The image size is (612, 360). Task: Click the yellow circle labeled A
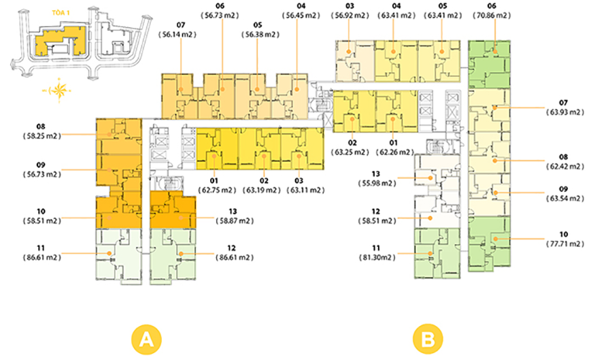(146, 339)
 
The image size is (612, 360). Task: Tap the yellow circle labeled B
(428, 339)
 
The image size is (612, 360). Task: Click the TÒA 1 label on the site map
(61, 13)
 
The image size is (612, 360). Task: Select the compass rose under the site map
(59, 91)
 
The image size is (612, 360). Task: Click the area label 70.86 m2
(492, 16)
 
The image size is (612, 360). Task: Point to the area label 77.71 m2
(565, 244)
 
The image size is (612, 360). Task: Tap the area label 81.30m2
(377, 258)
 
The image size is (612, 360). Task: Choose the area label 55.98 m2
(377, 184)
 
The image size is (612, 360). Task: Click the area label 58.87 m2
(235, 221)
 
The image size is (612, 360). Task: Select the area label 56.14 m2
(177, 35)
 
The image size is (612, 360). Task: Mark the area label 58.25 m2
(41, 136)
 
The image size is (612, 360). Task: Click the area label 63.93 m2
(565, 112)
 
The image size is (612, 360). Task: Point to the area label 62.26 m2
(394, 152)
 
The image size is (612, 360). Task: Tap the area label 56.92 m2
(350, 16)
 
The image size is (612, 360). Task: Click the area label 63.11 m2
(305, 191)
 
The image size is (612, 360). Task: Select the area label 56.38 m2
(260, 35)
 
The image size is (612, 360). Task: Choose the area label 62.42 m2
(565, 167)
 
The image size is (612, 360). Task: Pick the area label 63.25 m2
(350, 152)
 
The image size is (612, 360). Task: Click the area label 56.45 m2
(301, 16)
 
